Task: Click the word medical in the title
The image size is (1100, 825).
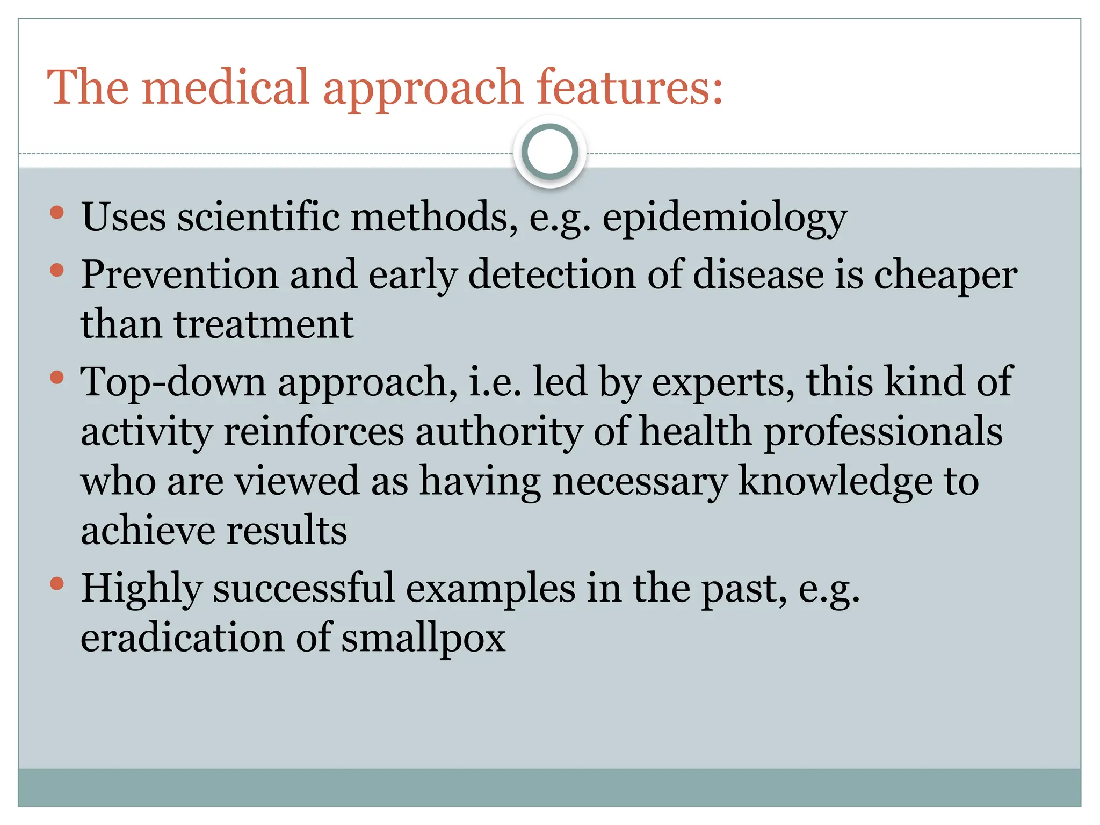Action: (x=226, y=87)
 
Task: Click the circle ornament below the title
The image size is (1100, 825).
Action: (x=549, y=152)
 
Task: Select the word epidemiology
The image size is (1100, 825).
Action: (x=725, y=218)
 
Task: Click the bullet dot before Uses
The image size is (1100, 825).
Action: (x=57, y=213)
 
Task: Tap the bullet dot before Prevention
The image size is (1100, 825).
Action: (x=57, y=270)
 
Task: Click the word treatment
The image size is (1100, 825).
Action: (x=263, y=324)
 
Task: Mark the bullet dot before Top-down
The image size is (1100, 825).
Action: (x=57, y=378)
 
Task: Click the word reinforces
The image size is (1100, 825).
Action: (x=313, y=432)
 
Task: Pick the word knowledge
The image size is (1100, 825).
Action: (x=836, y=481)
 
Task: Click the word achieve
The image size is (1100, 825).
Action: (x=148, y=531)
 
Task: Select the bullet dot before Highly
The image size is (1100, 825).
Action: (x=57, y=584)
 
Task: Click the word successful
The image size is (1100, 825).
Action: (x=303, y=589)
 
